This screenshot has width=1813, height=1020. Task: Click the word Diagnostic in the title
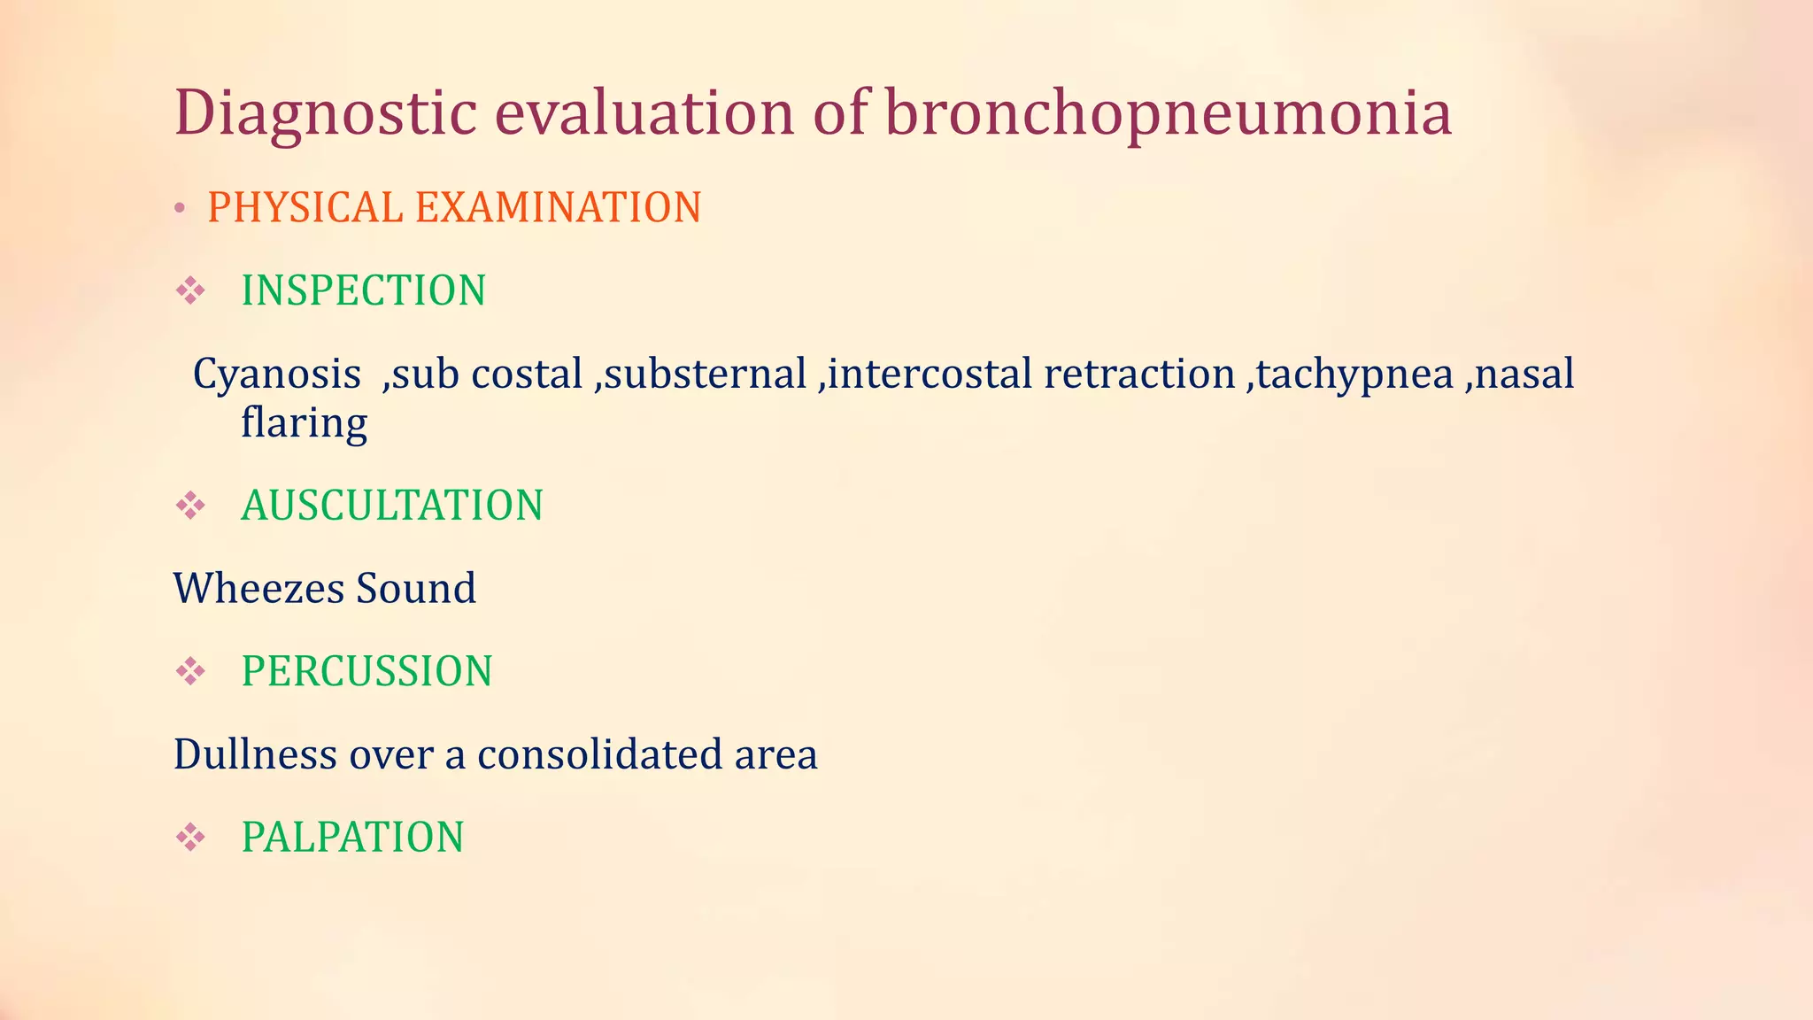coord(325,114)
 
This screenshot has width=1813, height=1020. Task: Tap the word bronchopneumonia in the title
coord(1168,114)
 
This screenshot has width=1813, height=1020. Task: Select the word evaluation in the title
coord(644,114)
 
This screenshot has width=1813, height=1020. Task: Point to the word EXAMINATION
coord(558,208)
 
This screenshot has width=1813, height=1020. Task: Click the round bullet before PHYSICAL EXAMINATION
coord(180,209)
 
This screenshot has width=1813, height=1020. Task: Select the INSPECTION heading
coord(363,291)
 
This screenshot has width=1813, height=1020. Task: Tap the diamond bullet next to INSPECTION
coord(190,290)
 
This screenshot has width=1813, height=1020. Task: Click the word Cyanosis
coord(276,375)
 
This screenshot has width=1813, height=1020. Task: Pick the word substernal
coord(705,375)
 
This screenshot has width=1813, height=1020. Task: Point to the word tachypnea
coord(1354,375)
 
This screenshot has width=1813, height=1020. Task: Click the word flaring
coord(304,423)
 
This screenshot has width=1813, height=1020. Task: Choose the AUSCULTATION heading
coord(391,506)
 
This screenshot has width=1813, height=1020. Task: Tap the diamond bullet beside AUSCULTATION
coord(190,506)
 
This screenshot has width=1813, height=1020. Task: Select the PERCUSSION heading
coord(366,672)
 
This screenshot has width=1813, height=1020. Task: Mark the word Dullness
coord(255,755)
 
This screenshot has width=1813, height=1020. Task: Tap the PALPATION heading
coord(352,838)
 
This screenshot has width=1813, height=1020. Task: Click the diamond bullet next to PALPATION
coord(190,837)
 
